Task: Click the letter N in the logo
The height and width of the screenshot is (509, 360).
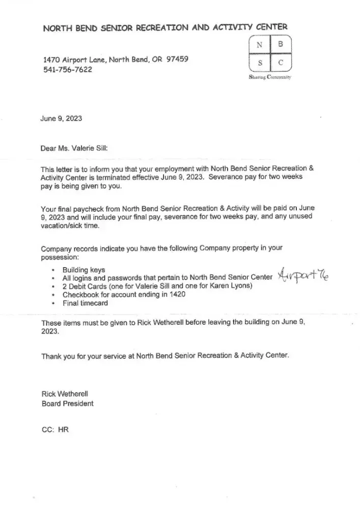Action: point(260,45)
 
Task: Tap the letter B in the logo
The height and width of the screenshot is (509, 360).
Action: point(281,45)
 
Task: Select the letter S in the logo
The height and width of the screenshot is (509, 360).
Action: point(260,64)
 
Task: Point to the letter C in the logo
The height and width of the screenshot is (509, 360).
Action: point(281,64)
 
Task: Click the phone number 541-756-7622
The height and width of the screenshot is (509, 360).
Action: point(68,69)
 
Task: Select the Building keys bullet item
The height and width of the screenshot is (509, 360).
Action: point(84,270)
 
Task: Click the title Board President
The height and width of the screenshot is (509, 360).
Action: point(67,404)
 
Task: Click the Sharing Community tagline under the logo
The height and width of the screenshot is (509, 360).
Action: point(270,77)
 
